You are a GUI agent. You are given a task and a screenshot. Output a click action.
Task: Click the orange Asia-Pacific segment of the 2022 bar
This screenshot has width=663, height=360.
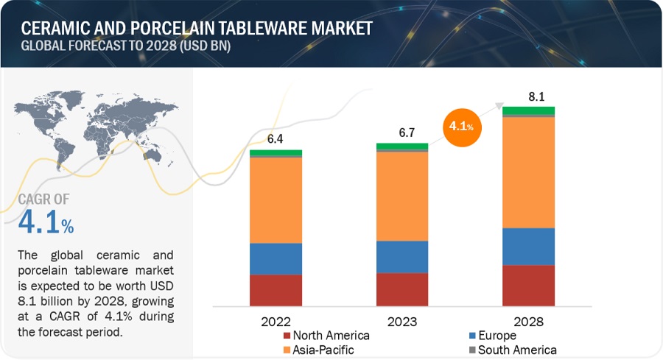tap(276, 200)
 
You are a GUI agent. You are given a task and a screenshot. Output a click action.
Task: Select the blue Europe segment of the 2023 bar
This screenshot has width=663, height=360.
tap(402, 257)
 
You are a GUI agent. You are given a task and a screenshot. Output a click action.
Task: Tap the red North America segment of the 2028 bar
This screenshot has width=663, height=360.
tap(528, 285)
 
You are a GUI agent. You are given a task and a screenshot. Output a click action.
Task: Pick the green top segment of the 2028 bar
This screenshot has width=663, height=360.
tap(528, 110)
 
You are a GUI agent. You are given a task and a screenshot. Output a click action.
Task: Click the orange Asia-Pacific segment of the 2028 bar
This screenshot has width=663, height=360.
tap(528, 172)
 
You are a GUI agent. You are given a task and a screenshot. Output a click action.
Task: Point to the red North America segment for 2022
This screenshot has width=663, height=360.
tap(276, 290)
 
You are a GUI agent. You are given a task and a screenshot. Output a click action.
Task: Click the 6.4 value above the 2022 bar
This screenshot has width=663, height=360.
tap(275, 138)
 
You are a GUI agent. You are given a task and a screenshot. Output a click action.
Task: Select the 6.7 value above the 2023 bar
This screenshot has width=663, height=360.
tap(401, 131)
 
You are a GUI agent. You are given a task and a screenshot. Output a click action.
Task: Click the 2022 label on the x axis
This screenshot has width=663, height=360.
tap(276, 322)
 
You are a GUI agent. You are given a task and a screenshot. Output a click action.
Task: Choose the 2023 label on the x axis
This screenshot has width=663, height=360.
tap(402, 322)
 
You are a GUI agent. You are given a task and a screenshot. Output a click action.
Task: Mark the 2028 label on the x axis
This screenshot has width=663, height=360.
tap(528, 322)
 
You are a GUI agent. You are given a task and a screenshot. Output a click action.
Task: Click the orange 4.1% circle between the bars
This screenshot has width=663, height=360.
tap(462, 126)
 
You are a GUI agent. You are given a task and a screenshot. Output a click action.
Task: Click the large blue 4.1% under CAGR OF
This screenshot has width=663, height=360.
tap(46, 222)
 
